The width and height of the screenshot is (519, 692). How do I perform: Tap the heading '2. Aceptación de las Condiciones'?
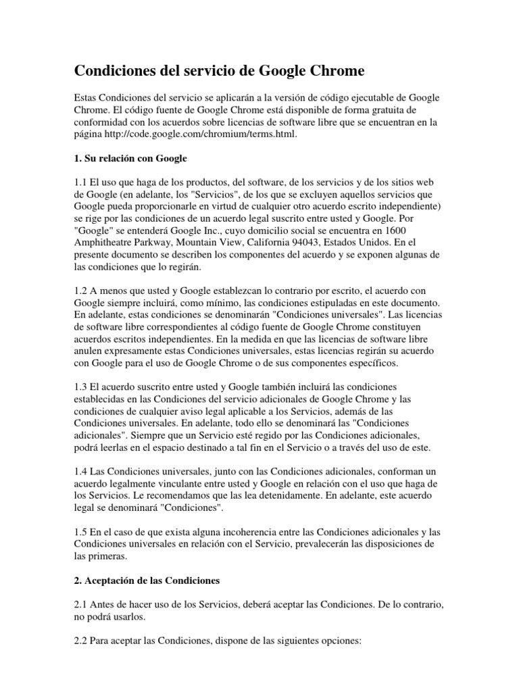[x=146, y=580]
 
